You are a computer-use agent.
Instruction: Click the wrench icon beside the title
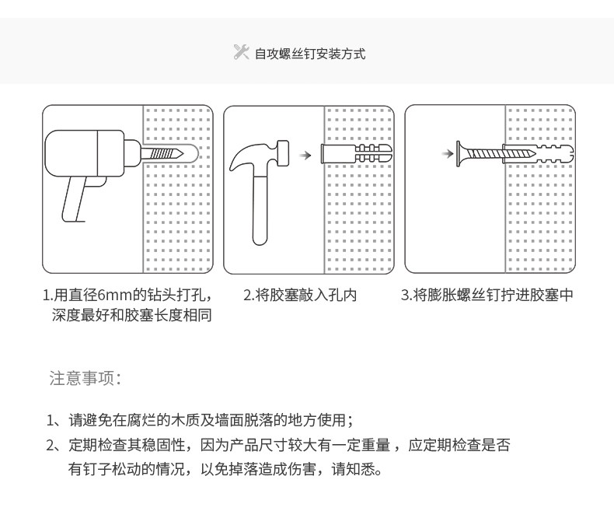tap(241, 52)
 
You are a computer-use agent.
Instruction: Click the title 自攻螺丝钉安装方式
tap(310, 54)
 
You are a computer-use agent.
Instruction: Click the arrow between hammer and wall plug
tap(305, 155)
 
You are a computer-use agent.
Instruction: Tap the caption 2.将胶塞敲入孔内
tap(300, 296)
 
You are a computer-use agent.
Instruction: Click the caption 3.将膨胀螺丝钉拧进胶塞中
tap(487, 296)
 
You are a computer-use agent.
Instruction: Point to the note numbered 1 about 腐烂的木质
tap(201, 421)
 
